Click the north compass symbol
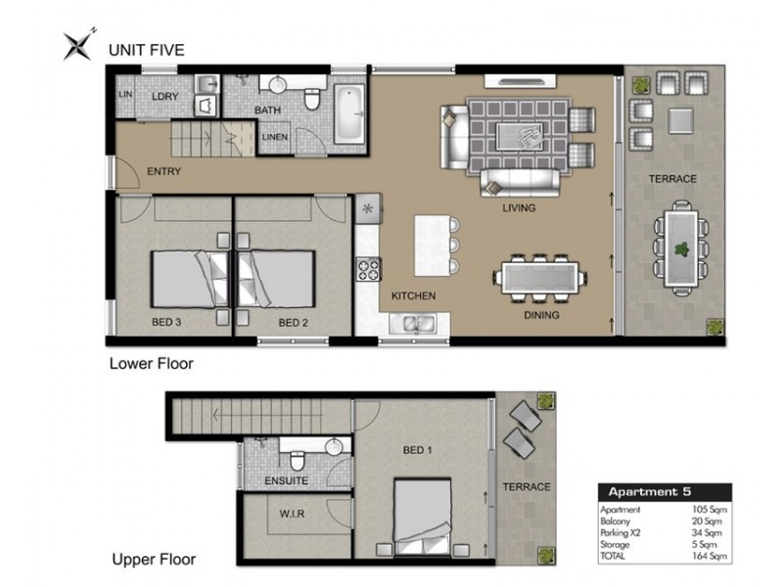tap(78, 45)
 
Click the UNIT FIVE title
tap(146, 50)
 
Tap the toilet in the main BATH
tap(312, 99)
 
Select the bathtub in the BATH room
tap(349, 113)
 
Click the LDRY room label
tap(164, 96)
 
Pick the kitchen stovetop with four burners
tap(368, 269)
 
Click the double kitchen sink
tap(413, 324)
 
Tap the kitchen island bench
tap(433, 246)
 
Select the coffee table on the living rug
tap(519, 136)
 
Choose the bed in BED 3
tap(190, 280)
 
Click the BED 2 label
tap(293, 323)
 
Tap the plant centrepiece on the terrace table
tap(681, 248)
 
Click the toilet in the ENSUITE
tap(298, 461)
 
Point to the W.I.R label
tap(292, 513)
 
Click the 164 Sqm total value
tap(709, 556)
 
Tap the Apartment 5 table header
tap(650, 492)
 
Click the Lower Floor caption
tap(152, 363)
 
